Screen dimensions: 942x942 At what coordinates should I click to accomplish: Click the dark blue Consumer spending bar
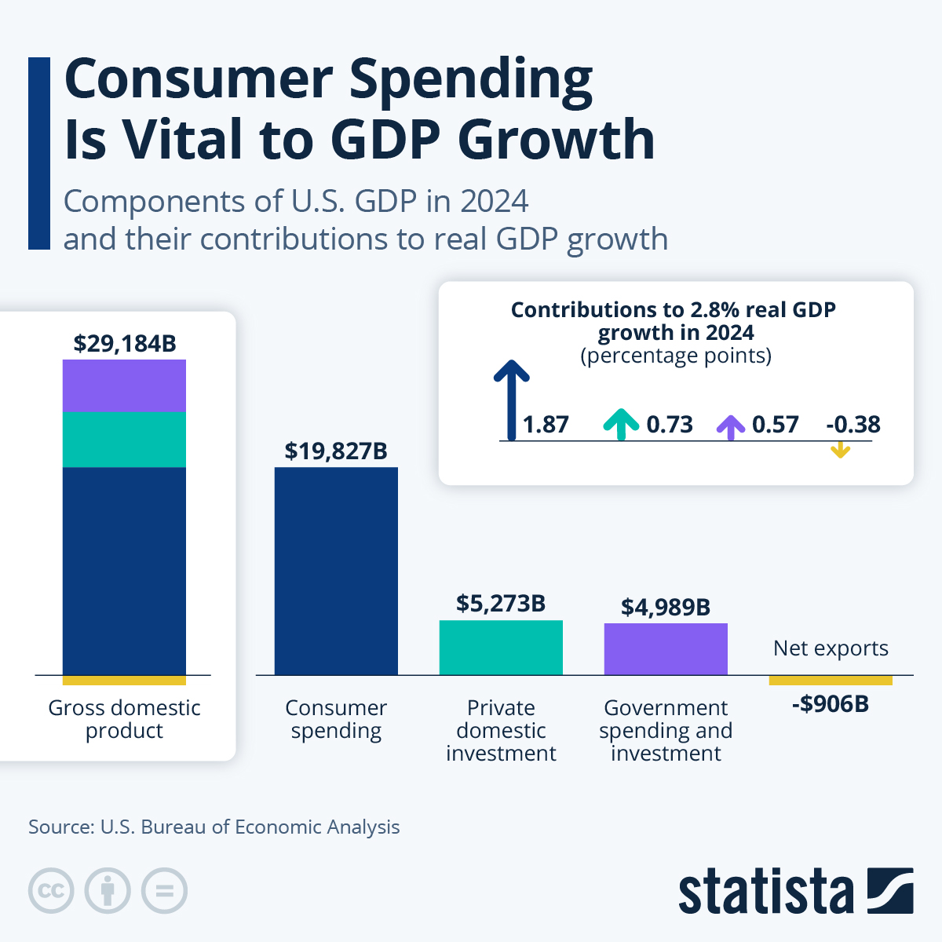336,571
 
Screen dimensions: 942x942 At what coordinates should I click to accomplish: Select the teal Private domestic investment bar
501,648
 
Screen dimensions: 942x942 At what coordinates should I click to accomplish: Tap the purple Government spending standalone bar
666,649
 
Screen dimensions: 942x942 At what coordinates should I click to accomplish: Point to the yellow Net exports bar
831,680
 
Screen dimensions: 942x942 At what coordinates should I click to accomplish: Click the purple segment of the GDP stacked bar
124,385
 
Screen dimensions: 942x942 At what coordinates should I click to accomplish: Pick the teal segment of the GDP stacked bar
124,440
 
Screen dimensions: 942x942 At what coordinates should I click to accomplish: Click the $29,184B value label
125,343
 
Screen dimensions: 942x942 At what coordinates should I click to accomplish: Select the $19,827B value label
336,451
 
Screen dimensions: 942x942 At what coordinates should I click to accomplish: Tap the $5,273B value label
501,603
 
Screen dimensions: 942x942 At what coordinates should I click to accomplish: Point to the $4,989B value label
666,607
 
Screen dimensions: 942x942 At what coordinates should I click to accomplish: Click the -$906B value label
831,703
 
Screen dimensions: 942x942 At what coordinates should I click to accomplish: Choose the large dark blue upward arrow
512,399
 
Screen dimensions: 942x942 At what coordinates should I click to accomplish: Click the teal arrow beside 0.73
621,424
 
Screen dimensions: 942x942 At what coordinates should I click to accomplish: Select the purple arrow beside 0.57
731,426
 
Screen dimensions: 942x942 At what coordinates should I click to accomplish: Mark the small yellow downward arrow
841,450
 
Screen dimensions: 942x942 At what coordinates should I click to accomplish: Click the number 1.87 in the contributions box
546,425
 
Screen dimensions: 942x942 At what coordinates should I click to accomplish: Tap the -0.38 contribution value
853,425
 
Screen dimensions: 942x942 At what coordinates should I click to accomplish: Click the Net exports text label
831,648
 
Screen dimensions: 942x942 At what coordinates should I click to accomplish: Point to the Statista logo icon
890,890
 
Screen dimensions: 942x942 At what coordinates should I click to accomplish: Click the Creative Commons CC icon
51,891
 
